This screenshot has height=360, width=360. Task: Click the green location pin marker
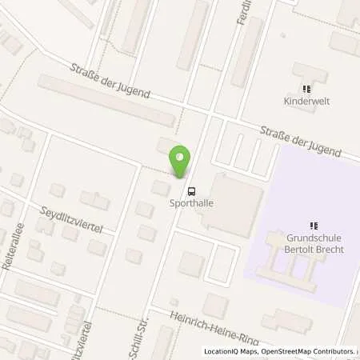[x=181, y=162]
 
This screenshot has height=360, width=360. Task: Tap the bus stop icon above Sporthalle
[x=191, y=190]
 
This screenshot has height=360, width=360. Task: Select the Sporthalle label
[x=191, y=203]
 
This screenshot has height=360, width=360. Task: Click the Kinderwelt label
[x=306, y=102]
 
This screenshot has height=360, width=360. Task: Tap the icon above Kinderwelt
[x=306, y=89]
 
